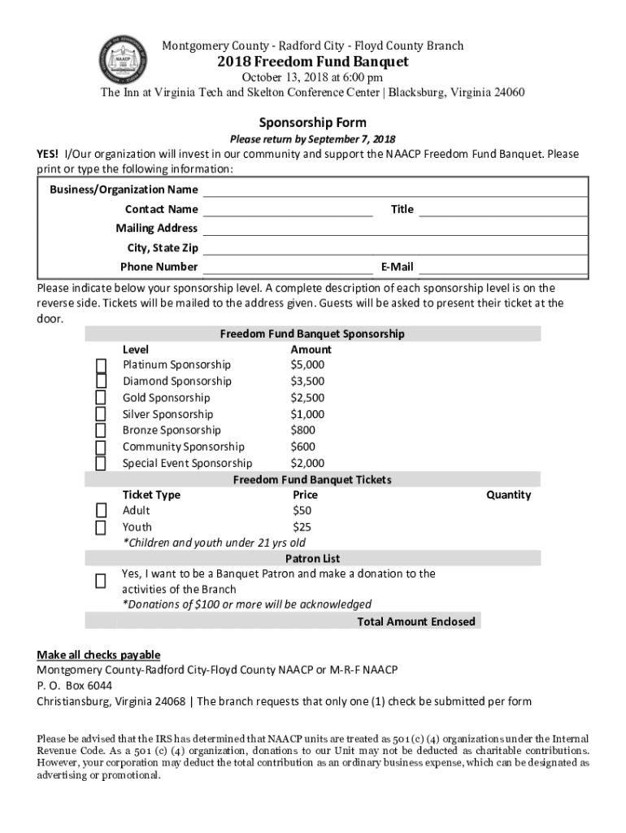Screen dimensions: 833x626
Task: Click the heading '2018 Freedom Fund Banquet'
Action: pyautogui.click(x=313, y=63)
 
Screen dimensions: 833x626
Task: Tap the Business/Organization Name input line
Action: pyautogui.click(x=395, y=190)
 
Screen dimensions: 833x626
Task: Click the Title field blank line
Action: pyautogui.click(x=503, y=210)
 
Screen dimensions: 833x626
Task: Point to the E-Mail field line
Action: pyautogui.click(x=503, y=268)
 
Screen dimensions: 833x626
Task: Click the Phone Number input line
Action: pyautogui.click(x=288, y=268)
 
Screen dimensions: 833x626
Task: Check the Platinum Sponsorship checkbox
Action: pyautogui.click(x=101, y=364)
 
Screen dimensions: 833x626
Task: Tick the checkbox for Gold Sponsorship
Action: pyautogui.click(x=101, y=398)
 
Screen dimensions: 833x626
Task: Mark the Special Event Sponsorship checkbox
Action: pyautogui.click(x=101, y=464)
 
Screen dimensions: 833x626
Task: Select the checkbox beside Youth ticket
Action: pyautogui.click(x=101, y=527)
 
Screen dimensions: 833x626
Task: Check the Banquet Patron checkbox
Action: pyautogui.click(x=101, y=581)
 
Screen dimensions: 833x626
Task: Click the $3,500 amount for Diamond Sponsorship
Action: pyautogui.click(x=307, y=382)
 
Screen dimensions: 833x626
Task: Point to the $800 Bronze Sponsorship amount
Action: pyautogui.click(x=303, y=430)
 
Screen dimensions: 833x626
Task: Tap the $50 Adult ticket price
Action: pyautogui.click(x=302, y=511)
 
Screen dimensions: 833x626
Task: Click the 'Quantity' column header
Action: pyautogui.click(x=508, y=495)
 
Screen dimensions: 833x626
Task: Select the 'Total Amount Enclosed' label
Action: pyautogui.click(x=416, y=621)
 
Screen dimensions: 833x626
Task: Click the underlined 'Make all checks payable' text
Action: pyautogui.click(x=98, y=655)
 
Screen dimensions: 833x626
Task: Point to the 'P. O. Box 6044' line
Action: pyautogui.click(x=75, y=685)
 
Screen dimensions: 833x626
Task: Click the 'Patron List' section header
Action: pyautogui.click(x=312, y=559)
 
